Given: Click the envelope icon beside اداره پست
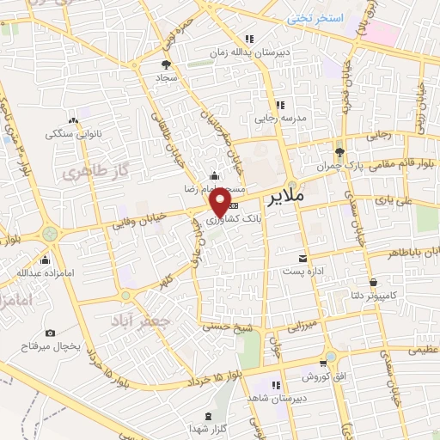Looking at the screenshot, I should click(x=302, y=259).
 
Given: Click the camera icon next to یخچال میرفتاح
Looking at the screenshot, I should click(x=50, y=333).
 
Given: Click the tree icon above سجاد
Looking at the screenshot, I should click(x=167, y=64).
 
